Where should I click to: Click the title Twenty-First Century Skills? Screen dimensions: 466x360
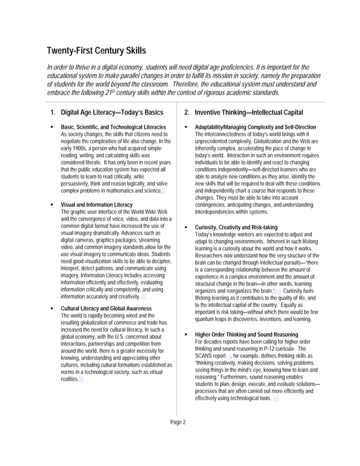96,51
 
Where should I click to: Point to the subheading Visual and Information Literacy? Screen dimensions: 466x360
96,204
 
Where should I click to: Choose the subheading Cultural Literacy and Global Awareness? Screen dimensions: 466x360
106,309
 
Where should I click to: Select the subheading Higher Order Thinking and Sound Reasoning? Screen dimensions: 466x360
247,335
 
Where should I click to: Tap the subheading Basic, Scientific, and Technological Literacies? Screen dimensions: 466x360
113,127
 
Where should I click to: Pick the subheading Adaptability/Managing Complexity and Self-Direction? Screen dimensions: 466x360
255,127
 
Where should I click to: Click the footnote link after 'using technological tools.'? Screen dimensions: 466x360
275,399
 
